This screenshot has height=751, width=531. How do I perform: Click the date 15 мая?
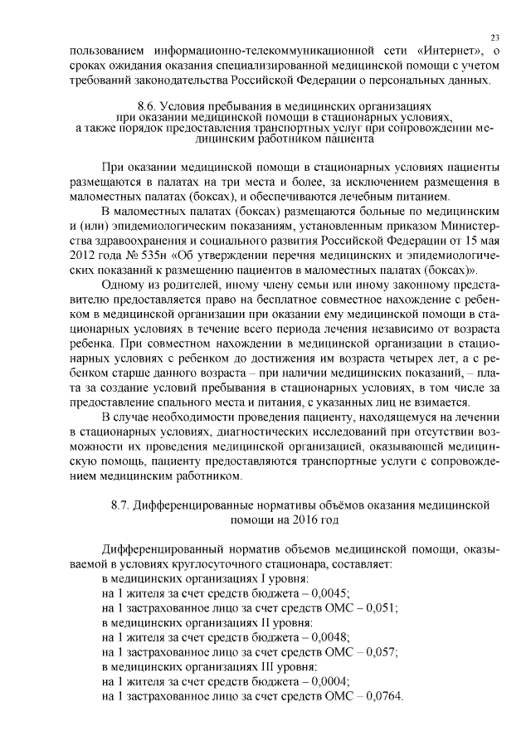tap(478, 256)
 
